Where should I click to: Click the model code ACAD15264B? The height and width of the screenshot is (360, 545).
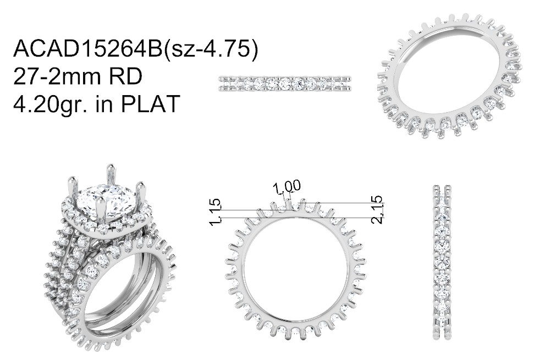tap(87, 48)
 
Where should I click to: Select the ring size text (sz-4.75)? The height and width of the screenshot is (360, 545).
tap(211, 49)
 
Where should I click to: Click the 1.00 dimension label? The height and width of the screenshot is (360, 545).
tap(287, 187)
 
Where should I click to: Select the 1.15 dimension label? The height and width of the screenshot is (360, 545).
tap(216, 212)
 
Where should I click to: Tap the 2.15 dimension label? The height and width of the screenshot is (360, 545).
tap(377, 209)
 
